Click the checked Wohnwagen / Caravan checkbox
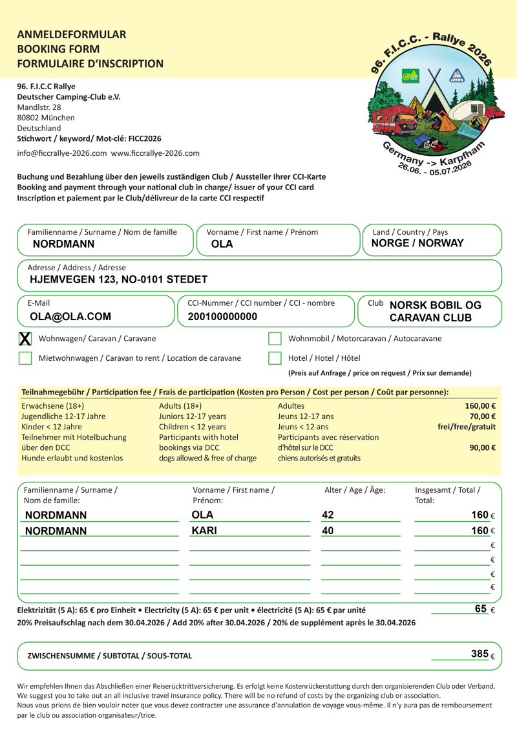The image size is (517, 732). (25, 338)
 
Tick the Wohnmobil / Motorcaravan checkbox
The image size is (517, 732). (275, 338)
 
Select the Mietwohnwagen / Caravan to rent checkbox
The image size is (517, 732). (25, 358)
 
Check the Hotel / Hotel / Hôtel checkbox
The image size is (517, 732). (275, 358)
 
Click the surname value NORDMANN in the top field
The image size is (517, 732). (63, 244)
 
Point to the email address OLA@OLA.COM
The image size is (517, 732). (70, 317)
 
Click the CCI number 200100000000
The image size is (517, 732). (222, 317)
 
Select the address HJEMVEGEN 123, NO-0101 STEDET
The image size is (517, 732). (119, 280)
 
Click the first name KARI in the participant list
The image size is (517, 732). (204, 531)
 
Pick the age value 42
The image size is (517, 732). (328, 515)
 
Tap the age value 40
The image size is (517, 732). (328, 531)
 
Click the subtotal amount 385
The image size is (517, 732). (480, 654)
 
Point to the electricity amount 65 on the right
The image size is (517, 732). (481, 609)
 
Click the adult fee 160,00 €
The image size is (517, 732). (480, 406)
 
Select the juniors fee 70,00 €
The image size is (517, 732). (483, 416)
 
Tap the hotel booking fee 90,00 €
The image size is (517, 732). (483, 447)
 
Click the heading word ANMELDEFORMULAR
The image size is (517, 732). (72, 35)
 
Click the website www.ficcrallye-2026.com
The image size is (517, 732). (155, 154)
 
